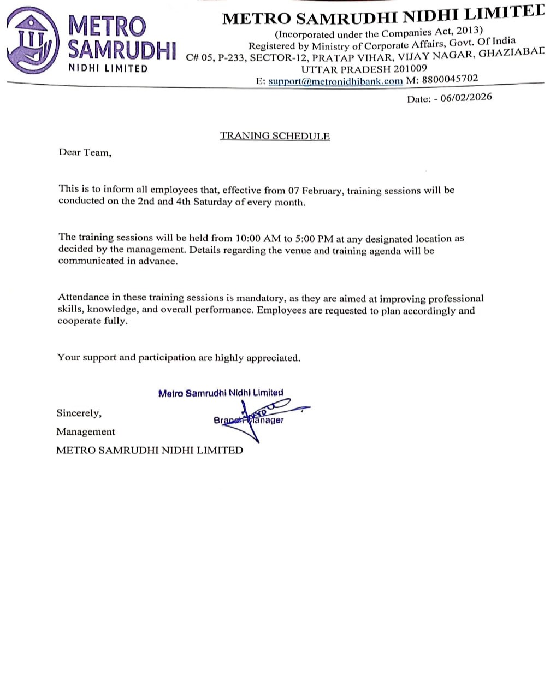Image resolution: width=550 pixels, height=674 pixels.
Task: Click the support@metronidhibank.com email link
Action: [335, 81]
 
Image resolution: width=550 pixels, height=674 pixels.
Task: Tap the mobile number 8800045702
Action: [450, 79]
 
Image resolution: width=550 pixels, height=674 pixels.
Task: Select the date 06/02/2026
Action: [466, 98]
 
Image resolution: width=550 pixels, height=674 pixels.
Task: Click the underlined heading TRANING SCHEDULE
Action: [275, 136]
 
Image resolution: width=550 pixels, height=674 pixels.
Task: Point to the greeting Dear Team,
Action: [85, 153]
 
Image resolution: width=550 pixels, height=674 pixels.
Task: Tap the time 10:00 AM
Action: [257, 239]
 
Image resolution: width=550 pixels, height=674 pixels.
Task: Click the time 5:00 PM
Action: [314, 239]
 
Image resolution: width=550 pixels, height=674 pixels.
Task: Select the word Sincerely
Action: [78, 413]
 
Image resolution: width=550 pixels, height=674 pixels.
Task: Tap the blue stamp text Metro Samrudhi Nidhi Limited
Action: [221, 393]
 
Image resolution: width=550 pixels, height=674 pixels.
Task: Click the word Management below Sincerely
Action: [86, 432]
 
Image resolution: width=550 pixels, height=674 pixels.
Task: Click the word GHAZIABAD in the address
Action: [511, 52]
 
